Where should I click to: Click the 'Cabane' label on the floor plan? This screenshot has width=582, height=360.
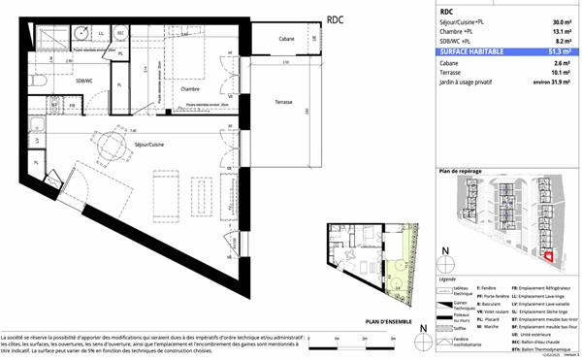click(286, 39)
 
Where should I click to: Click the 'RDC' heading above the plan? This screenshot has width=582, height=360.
click(335, 19)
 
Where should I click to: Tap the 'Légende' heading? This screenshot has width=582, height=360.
click(449, 277)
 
